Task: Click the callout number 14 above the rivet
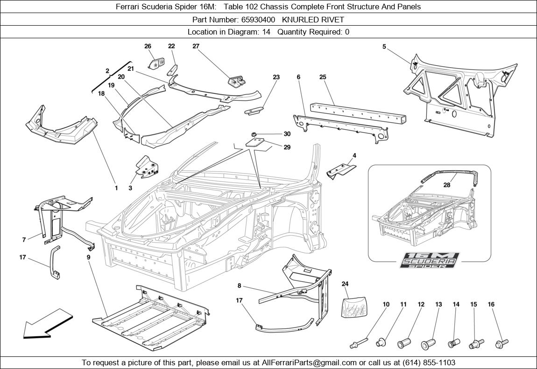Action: (456, 304)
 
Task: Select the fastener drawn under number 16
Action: (502, 344)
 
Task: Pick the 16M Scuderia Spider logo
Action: (430, 260)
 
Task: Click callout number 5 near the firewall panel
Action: (384, 47)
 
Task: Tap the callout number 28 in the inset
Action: (447, 185)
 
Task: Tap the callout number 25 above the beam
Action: (322, 77)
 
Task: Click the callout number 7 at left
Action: (24, 240)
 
